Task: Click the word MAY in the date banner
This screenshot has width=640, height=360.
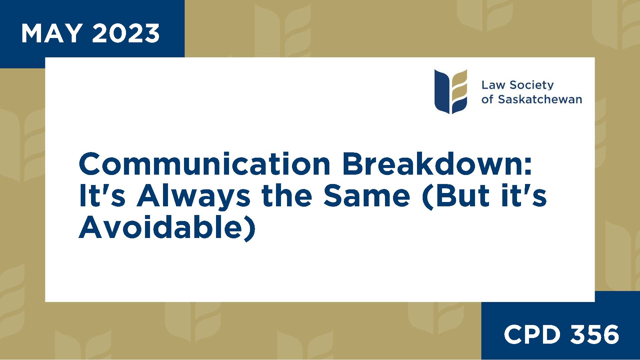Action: pos(52,33)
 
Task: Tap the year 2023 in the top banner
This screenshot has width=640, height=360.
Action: pos(126,33)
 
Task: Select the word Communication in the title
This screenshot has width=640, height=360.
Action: pos(204,164)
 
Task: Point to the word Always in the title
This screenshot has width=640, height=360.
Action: pos(193,197)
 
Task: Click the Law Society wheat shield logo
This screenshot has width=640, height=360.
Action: pos(451,92)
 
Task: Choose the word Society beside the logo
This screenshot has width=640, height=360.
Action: pos(532,85)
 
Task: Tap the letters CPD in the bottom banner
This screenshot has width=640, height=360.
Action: pos(532,334)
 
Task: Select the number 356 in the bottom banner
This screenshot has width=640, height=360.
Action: pos(595,334)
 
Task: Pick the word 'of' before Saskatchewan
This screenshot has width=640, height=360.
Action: pos(487,99)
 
